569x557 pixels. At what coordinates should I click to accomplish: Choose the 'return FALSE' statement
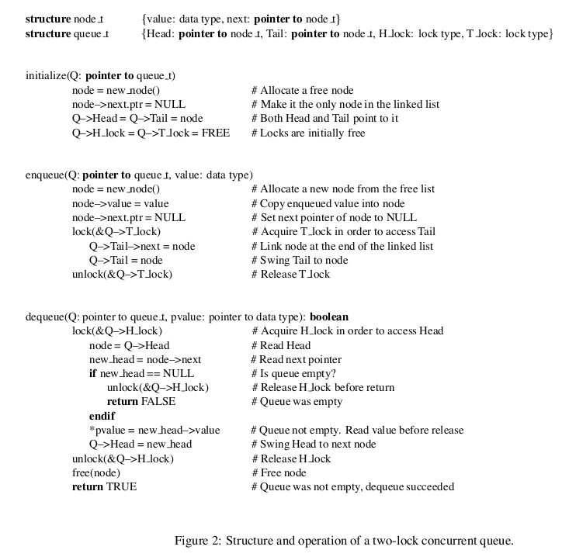click(x=141, y=402)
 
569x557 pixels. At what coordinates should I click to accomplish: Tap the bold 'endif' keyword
click(x=102, y=416)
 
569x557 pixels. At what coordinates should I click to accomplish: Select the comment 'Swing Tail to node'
click(x=299, y=260)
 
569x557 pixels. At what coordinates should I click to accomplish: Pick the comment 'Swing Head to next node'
click(x=314, y=445)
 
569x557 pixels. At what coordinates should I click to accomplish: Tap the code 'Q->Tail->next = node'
click(x=142, y=246)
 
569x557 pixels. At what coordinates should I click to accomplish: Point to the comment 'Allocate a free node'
click(x=302, y=90)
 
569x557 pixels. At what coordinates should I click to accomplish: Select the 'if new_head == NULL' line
click(x=141, y=373)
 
